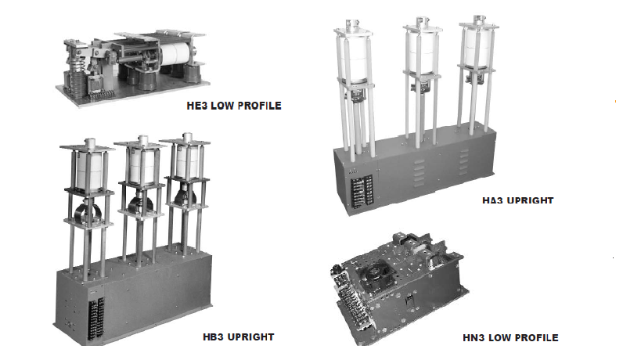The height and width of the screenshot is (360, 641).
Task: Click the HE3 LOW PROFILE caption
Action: pos(234,106)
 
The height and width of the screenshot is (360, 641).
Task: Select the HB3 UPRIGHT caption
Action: pos(239,337)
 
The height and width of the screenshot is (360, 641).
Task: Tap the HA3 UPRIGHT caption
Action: pos(517,200)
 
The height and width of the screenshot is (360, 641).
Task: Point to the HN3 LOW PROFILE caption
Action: pos(510,338)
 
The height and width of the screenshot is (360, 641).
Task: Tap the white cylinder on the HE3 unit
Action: pos(175,53)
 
